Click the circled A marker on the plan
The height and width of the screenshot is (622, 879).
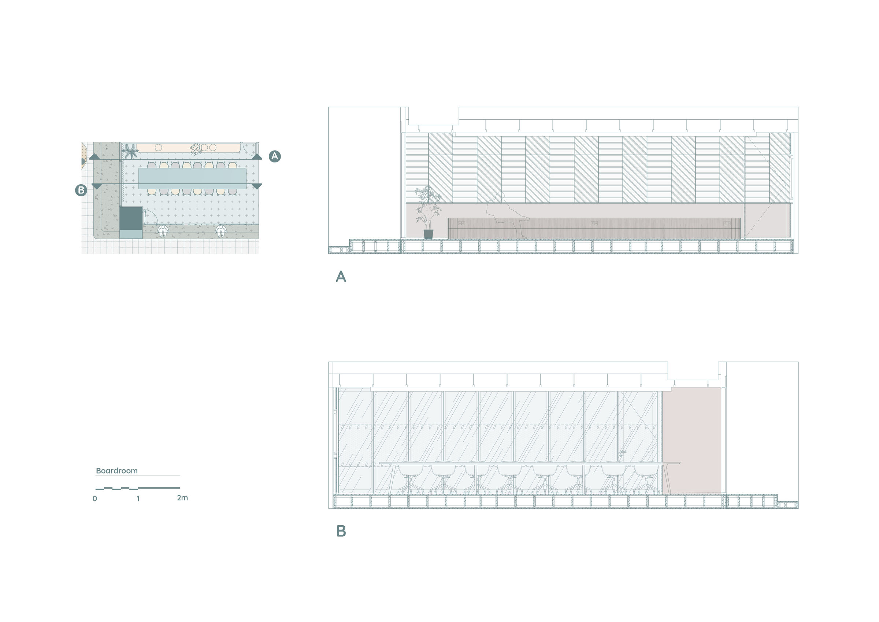coord(274,156)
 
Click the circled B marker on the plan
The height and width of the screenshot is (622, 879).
coord(81,190)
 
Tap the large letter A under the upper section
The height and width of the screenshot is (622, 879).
coord(341,277)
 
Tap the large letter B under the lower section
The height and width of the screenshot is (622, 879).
coord(341,531)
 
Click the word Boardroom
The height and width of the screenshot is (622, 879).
coord(117,471)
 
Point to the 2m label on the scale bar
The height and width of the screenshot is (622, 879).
coord(183,498)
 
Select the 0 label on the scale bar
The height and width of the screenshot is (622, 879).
coord(95,499)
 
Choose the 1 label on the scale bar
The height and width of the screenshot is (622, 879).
coord(138,499)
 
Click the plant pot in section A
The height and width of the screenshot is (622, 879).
coord(429,234)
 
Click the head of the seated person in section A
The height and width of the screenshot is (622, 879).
coord(500,196)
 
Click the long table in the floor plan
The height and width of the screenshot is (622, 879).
coord(192,178)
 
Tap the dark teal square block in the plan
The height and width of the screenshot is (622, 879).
coord(131,218)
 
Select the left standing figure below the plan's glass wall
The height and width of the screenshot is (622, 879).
coord(163,231)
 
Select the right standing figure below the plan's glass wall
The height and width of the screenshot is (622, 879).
coord(220,231)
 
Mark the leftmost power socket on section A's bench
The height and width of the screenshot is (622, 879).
coord(462,223)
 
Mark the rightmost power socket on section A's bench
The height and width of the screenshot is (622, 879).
coord(727,223)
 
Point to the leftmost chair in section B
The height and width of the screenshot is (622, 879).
coord(409,479)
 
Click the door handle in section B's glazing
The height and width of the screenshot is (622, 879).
coord(622,454)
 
